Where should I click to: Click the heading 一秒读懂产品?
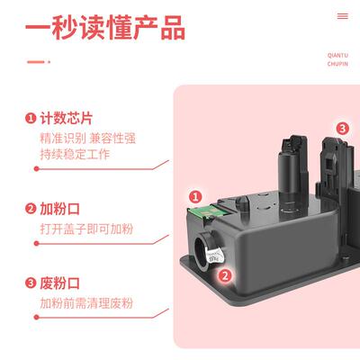(106, 29)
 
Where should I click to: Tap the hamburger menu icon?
(342, 16)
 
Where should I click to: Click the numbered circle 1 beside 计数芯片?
(31, 118)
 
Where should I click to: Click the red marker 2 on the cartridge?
(226, 277)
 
